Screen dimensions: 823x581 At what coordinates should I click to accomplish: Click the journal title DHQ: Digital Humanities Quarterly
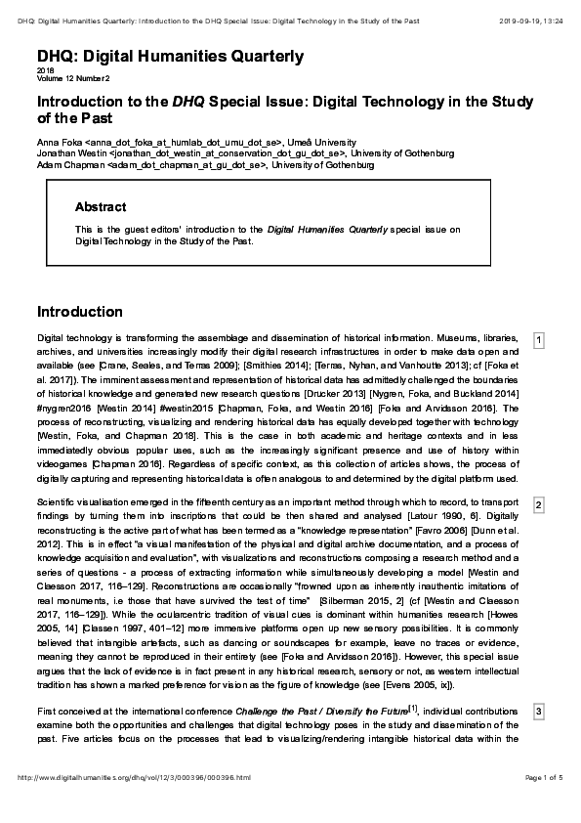pos(170,57)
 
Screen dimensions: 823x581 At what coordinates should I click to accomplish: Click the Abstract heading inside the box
pos(101,207)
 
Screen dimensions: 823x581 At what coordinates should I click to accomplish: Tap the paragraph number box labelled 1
pos(538,340)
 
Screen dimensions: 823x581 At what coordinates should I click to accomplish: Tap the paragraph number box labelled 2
pos(538,504)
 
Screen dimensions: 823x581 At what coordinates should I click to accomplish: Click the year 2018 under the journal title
pos(45,71)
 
